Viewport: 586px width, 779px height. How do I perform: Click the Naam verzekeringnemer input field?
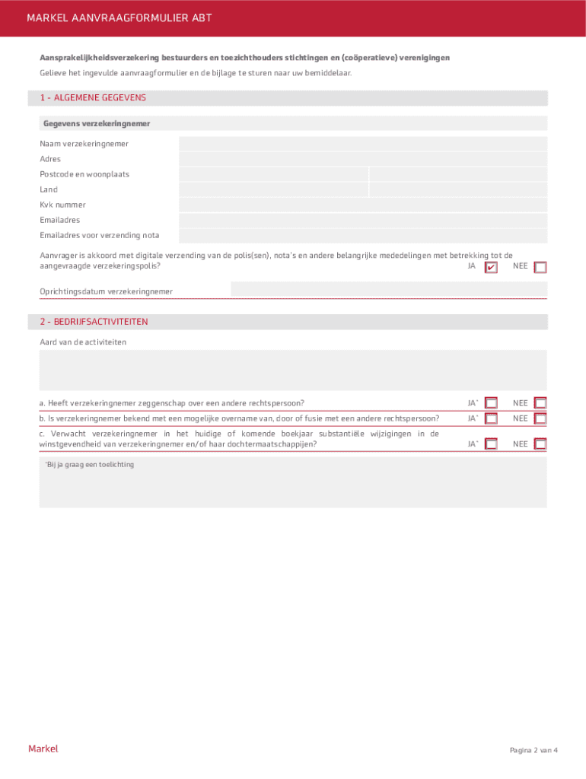[363, 144]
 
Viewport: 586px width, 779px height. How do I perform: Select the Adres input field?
[363, 159]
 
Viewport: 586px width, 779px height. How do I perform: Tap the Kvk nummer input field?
[363, 205]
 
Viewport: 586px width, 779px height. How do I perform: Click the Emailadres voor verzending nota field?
[363, 235]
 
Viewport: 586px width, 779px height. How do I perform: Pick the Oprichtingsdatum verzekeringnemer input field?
[388, 290]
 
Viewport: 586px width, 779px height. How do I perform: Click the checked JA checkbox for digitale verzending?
[491, 267]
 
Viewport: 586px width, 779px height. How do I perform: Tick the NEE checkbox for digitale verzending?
[540, 267]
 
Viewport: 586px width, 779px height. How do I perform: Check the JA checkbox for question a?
[491, 403]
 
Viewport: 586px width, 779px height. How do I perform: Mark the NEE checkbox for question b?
[540, 418]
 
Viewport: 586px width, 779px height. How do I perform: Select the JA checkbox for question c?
[491, 444]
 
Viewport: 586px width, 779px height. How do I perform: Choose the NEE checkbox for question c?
[540, 444]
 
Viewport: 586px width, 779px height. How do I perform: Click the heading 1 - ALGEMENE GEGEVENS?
[93, 98]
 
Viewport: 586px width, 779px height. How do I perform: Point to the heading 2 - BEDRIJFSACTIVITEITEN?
[94, 322]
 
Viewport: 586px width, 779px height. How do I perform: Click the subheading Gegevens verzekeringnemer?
[97, 123]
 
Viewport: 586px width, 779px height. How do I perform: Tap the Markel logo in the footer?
[43, 749]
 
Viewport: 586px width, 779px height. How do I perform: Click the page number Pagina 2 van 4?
[533, 750]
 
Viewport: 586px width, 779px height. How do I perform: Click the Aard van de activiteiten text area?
[293, 370]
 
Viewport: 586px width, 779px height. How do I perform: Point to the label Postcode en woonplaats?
[84, 174]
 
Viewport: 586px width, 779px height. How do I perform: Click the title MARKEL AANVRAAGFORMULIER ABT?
[119, 17]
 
